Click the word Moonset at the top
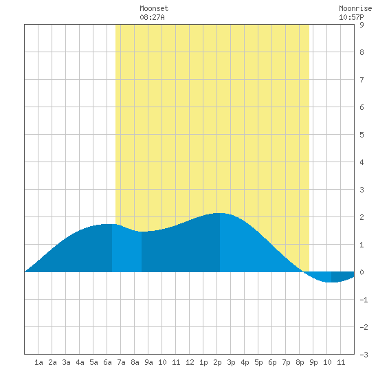coord(154,9)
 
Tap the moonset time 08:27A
coord(152,17)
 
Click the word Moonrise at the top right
coord(355,9)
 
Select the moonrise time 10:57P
coord(351,17)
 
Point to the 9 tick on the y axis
coord(362,25)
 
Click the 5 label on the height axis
coord(362,135)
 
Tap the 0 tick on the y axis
coord(362,272)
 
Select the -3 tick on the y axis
coord(364,355)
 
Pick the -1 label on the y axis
coord(364,300)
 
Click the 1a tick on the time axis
coord(38,362)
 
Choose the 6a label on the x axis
coord(107,362)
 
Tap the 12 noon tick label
coord(190,362)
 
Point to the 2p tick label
coord(217,362)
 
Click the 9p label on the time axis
coord(313,362)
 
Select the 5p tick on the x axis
coord(258,362)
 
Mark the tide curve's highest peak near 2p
coord(220,213)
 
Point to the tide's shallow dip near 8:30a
coord(142,232)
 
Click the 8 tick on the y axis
coord(362,52)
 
